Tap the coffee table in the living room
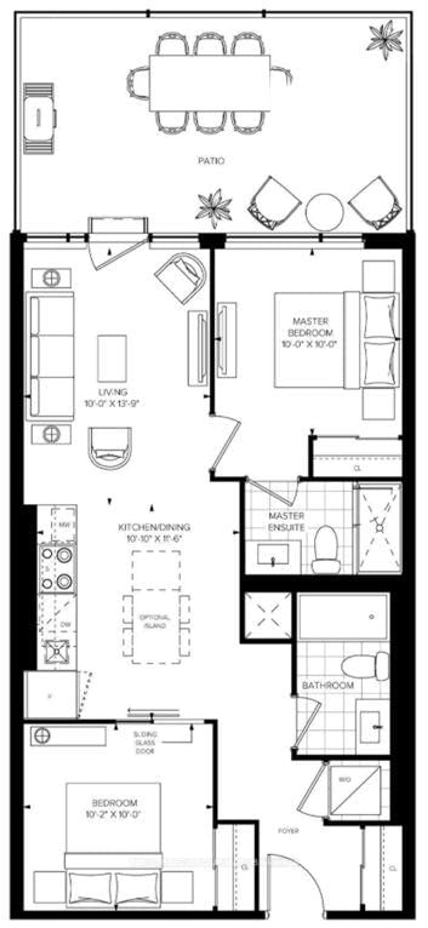(112, 358)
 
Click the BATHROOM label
(327, 685)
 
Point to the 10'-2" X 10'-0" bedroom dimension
(112, 814)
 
